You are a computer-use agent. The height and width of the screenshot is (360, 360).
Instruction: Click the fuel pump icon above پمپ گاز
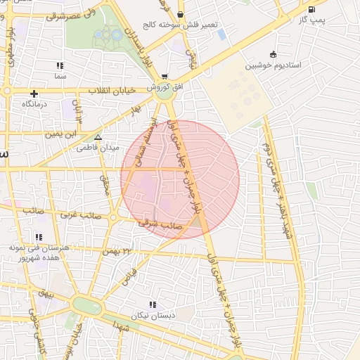tap(311, 10)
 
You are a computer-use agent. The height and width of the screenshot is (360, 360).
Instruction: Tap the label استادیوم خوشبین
tap(274, 65)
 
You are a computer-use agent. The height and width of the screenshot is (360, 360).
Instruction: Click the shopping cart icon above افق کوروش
tap(165, 77)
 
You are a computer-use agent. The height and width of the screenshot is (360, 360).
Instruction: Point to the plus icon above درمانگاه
tap(34, 94)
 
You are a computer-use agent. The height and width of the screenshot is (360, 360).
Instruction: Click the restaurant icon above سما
tap(60, 65)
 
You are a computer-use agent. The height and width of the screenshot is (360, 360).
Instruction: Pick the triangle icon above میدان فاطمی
tap(98, 138)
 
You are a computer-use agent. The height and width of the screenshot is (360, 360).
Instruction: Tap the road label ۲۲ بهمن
tap(117, 251)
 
